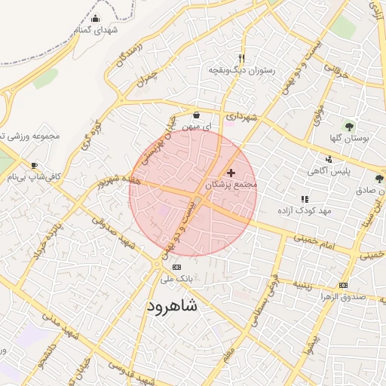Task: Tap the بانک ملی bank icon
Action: pyautogui.click(x=176, y=267)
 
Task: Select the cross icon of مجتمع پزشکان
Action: pyautogui.click(x=231, y=173)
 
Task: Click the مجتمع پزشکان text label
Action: pyautogui.click(x=231, y=184)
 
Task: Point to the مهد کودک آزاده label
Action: pyautogui.click(x=305, y=210)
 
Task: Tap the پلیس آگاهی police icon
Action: pyautogui.click(x=329, y=159)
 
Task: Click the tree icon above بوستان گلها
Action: pyautogui.click(x=348, y=126)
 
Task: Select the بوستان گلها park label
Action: pyautogui.click(x=348, y=139)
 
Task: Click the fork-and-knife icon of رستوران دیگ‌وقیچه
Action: pyautogui.click(x=241, y=57)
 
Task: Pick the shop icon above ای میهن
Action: pyautogui.click(x=197, y=115)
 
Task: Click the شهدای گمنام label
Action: pyautogui.click(x=95, y=30)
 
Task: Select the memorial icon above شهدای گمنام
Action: pyautogui.click(x=95, y=19)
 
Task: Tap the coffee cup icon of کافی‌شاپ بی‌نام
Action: pyautogui.click(x=34, y=165)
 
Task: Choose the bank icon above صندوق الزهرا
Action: pyautogui.click(x=343, y=285)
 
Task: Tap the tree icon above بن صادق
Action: pyautogui.click(x=378, y=179)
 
